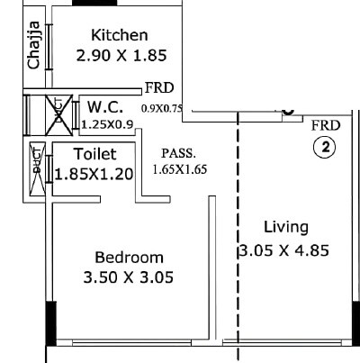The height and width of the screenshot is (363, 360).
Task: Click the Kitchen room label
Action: coord(120,35)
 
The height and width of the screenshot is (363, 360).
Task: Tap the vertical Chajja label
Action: coord(34,48)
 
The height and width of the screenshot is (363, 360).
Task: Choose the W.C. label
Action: coord(105,107)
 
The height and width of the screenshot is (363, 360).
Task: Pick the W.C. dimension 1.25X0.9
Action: coord(106,124)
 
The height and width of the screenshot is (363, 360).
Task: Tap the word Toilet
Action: coord(94,154)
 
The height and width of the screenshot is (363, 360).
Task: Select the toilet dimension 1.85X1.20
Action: coord(94,173)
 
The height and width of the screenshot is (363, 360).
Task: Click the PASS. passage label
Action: coord(177,153)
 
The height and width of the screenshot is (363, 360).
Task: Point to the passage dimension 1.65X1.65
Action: coord(181,168)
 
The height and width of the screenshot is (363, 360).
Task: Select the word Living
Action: coord(286,226)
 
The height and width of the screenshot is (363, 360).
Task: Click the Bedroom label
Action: coord(130,257)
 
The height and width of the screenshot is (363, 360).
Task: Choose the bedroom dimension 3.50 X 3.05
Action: coord(130,276)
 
